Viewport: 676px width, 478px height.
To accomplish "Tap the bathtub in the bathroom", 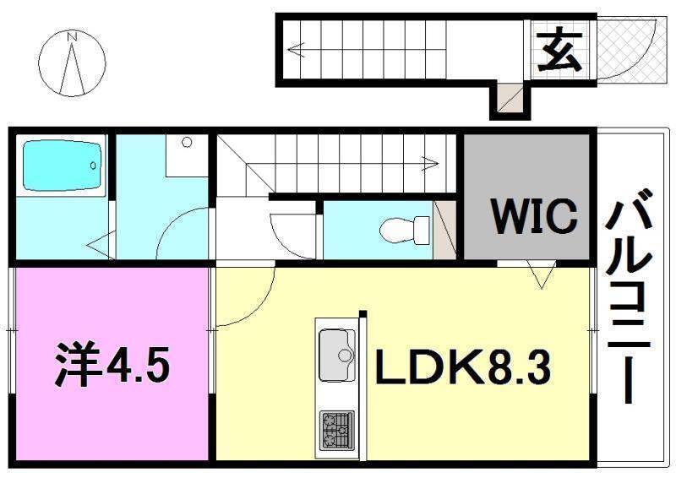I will (x=61, y=166).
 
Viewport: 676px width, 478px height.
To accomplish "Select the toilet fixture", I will (x=401, y=229).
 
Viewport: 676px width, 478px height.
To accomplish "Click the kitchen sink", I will (x=336, y=355).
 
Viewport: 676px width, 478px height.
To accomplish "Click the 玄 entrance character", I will (x=559, y=52).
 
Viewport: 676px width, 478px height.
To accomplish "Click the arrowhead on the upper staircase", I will (x=294, y=50).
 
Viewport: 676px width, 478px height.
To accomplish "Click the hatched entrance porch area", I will (x=630, y=48).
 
